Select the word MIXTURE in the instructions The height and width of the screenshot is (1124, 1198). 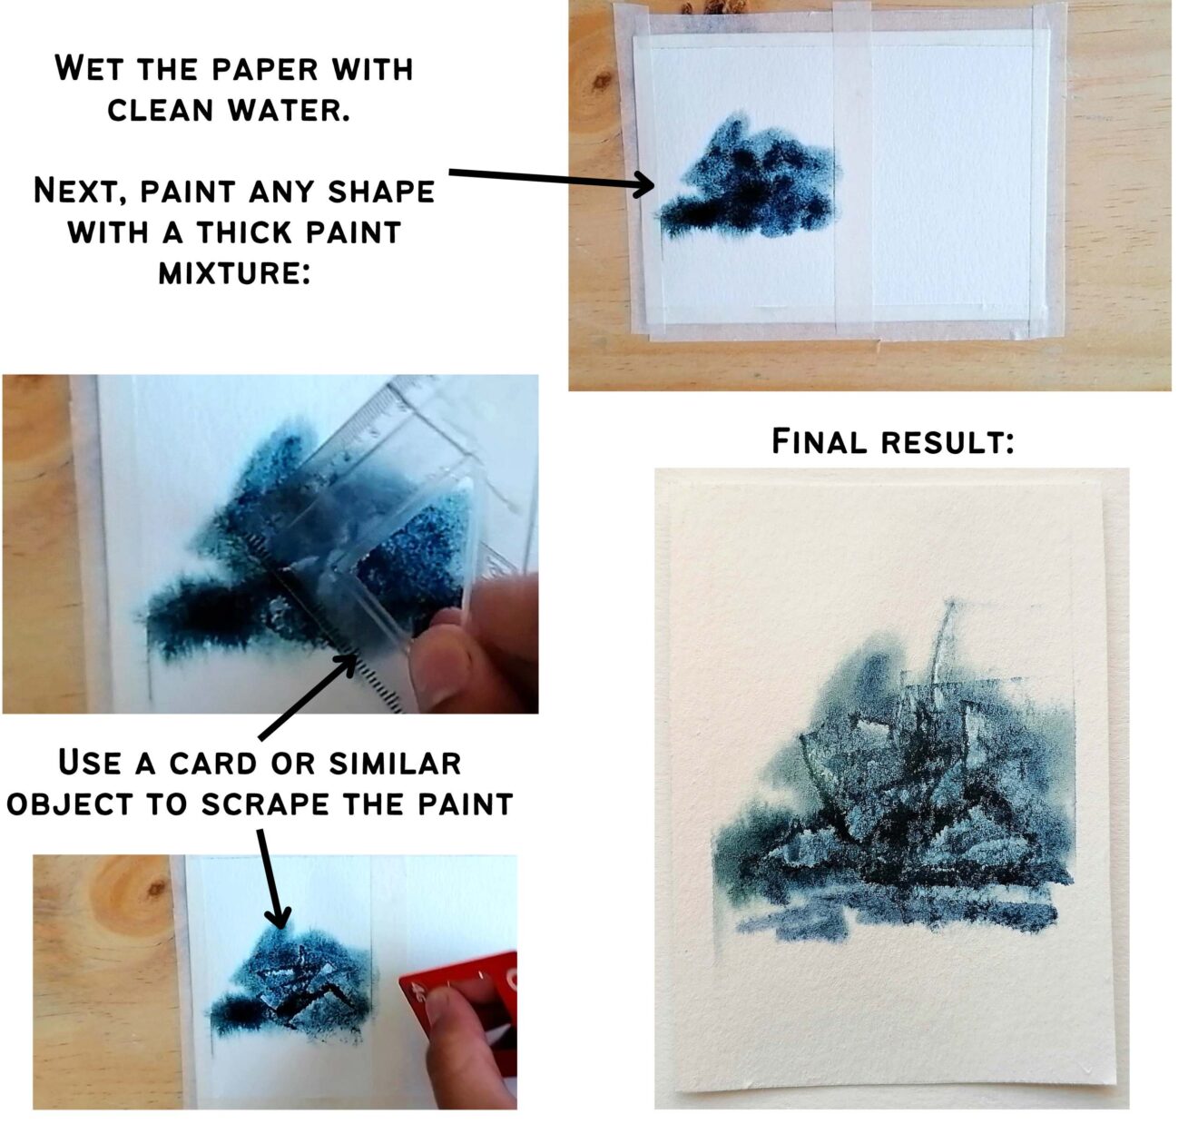234,272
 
